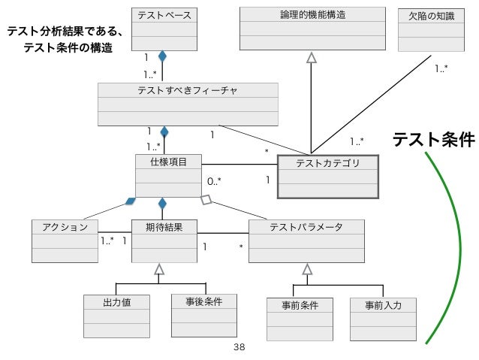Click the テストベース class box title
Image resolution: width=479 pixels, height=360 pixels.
click(x=164, y=14)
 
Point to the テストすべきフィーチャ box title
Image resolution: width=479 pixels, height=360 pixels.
click(x=188, y=90)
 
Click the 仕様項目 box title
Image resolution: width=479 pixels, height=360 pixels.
click(x=164, y=161)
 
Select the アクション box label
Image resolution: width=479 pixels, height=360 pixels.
click(x=60, y=226)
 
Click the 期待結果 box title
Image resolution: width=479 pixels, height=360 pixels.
click(x=162, y=225)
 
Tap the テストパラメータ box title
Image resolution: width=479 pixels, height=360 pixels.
click(x=306, y=226)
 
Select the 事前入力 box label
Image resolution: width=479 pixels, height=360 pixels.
click(x=383, y=305)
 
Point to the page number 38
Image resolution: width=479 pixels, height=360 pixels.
click(x=239, y=347)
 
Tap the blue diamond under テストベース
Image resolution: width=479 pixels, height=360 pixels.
click(x=161, y=56)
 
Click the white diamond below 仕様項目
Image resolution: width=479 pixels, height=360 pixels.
click(x=208, y=201)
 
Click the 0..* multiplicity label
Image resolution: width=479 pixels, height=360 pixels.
click(x=214, y=181)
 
